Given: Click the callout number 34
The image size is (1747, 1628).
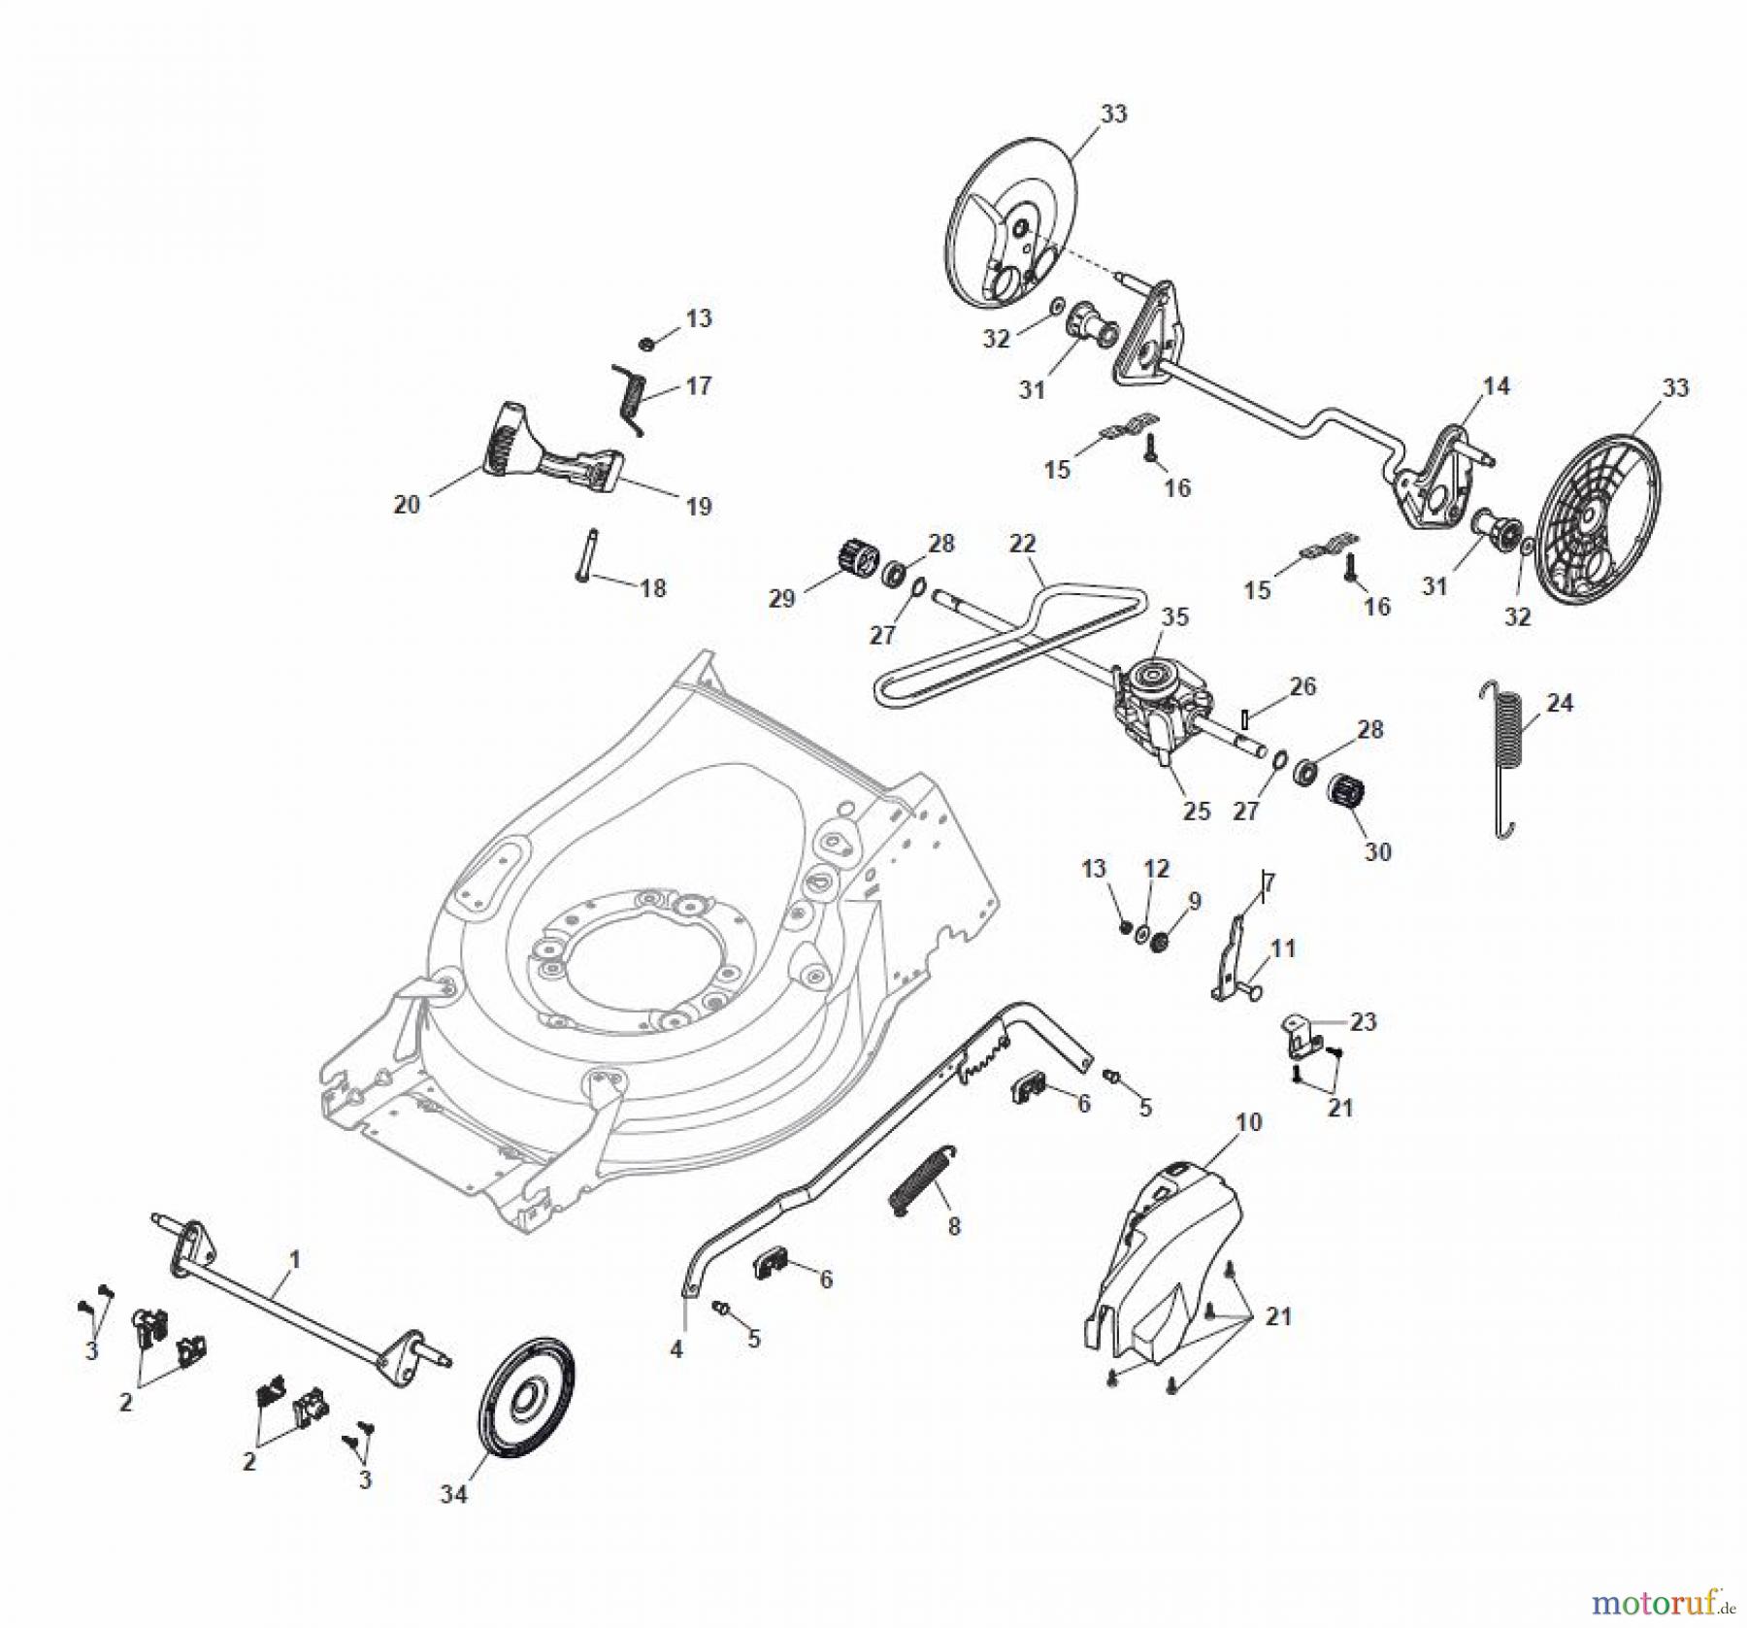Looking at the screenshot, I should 453,1494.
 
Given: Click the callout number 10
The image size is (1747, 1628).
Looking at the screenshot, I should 1248,1122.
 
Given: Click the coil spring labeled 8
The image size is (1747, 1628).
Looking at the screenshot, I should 923,1179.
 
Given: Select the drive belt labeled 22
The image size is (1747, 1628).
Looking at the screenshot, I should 1009,641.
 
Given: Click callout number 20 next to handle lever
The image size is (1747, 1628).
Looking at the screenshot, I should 407,505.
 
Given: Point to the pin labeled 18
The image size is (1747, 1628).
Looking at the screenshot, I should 584,554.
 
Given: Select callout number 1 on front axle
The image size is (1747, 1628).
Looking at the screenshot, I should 295,1260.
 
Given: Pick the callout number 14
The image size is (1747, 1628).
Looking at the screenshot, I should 1496,386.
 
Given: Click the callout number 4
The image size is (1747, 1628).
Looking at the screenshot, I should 676,1349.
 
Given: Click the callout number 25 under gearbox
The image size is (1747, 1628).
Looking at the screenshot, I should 1197,811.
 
